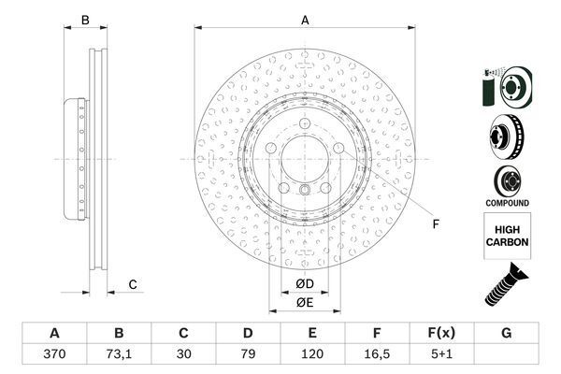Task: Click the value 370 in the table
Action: pyautogui.click(x=54, y=356)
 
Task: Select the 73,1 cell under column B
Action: pyautogui.click(x=119, y=356)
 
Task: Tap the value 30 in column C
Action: pyautogui.click(x=183, y=356)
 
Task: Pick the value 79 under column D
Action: pyautogui.click(x=248, y=356)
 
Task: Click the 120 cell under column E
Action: pyautogui.click(x=312, y=356)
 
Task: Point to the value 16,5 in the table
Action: pyautogui.click(x=377, y=356)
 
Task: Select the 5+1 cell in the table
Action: pyautogui.click(x=441, y=356)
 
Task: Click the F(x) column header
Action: pyautogui.click(x=441, y=334)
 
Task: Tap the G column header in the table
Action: pyautogui.click(x=506, y=334)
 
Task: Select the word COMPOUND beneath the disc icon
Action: pyautogui.click(x=508, y=203)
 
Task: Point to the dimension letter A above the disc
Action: pyautogui.click(x=304, y=20)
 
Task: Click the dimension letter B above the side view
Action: pyautogui.click(x=84, y=20)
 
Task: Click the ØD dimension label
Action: pyautogui.click(x=305, y=283)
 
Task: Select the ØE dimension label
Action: pyautogui.click(x=305, y=302)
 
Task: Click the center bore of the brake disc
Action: pyautogui.click(x=305, y=159)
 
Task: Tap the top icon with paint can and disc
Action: pyautogui.click(x=508, y=87)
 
